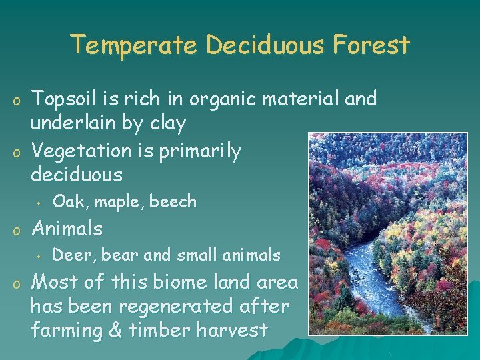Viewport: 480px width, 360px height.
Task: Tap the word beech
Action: (x=173, y=201)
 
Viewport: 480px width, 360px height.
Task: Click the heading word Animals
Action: (x=67, y=229)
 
